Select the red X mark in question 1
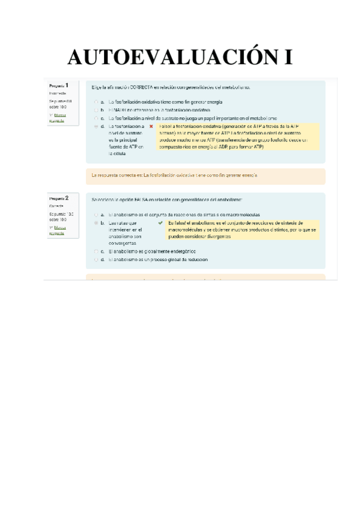click(151, 127)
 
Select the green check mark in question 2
click(160, 223)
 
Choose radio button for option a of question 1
click(96, 102)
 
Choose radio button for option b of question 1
click(96, 111)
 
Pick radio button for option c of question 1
click(96, 118)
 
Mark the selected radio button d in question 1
click(96, 127)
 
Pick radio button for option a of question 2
click(96, 214)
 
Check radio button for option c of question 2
click(96, 251)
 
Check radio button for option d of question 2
click(96, 259)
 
